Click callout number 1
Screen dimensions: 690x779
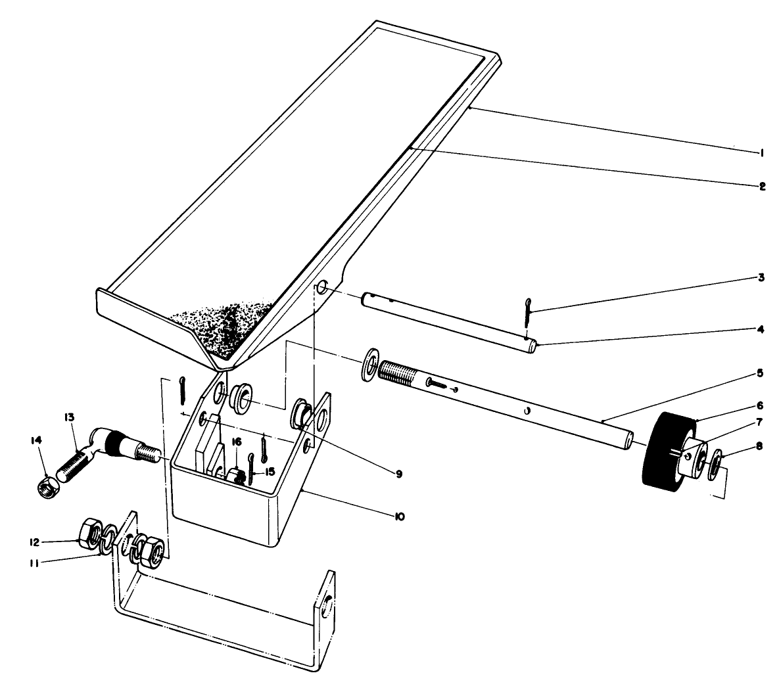(x=761, y=152)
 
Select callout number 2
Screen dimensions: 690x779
(x=761, y=186)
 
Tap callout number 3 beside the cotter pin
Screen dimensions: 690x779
(x=761, y=278)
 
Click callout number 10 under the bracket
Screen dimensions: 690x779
(x=398, y=517)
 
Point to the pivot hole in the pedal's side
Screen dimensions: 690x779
(x=323, y=288)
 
